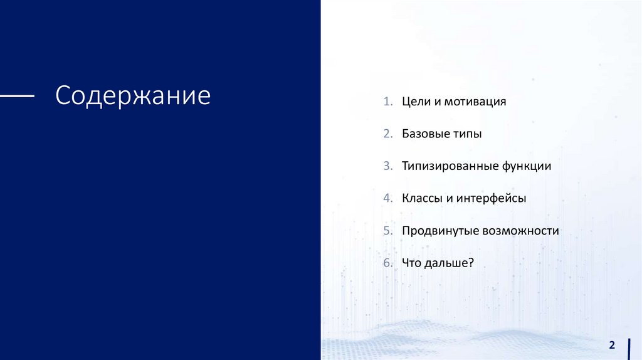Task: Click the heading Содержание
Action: [133, 96]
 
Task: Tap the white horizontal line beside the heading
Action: [17, 96]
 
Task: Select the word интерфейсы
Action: [491, 198]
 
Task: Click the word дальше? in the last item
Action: [449, 263]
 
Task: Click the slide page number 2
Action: [612, 345]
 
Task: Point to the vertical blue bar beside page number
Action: [629, 349]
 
